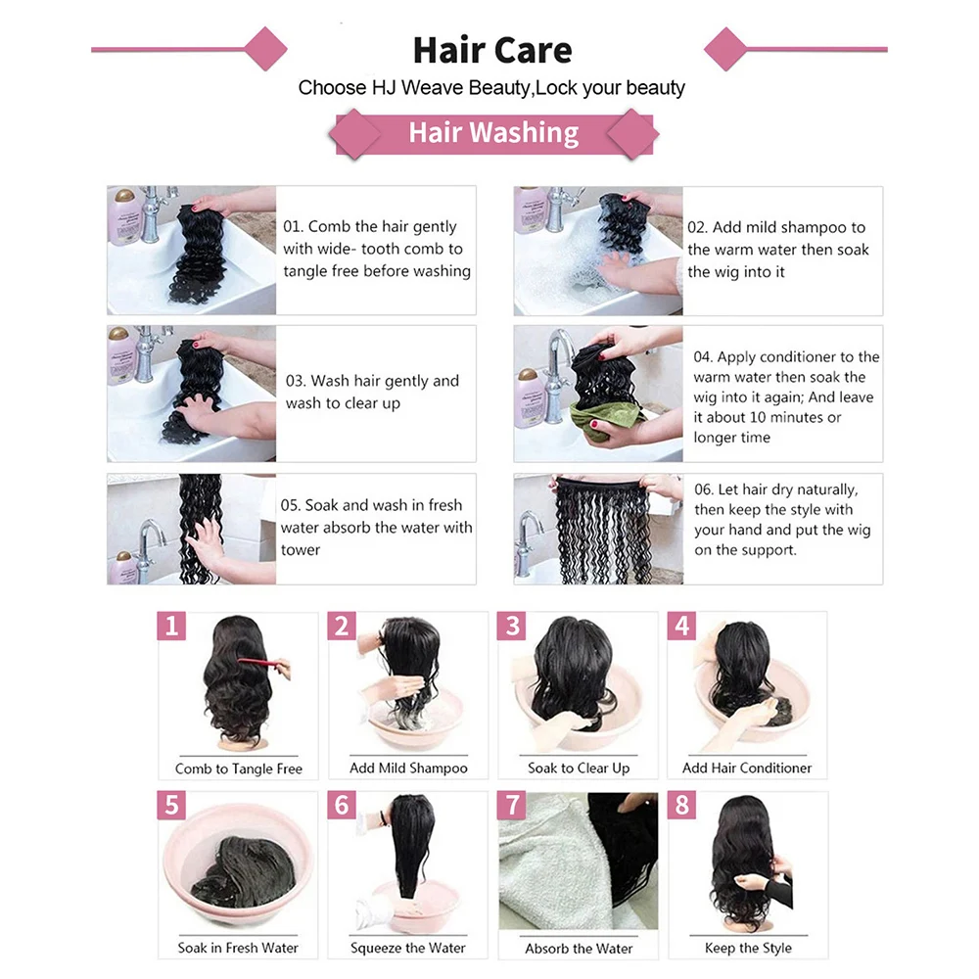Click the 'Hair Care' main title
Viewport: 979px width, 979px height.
click(x=492, y=50)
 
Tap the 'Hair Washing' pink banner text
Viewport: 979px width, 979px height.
click(x=493, y=132)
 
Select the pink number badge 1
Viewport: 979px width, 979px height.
click(x=171, y=626)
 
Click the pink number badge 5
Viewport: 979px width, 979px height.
click(x=171, y=805)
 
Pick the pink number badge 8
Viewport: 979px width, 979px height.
click(x=682, y=805)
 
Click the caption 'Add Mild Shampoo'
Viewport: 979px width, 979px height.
click(x=408, y=768)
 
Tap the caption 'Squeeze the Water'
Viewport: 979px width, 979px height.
click(x=407, y=948)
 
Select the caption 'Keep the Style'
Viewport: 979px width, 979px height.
click(x=748, y=948)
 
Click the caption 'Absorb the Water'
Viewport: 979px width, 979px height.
click(x=579, y=949)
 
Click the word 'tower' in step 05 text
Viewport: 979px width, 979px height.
click(x=301, y=550)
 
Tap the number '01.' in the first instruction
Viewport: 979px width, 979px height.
click(x=293, y=227)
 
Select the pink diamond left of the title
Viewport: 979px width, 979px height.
click(x=266, y=49)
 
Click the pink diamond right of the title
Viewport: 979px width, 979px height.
click(x=725, y=49)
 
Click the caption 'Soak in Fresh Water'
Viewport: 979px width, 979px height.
click(x=238, y=948)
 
